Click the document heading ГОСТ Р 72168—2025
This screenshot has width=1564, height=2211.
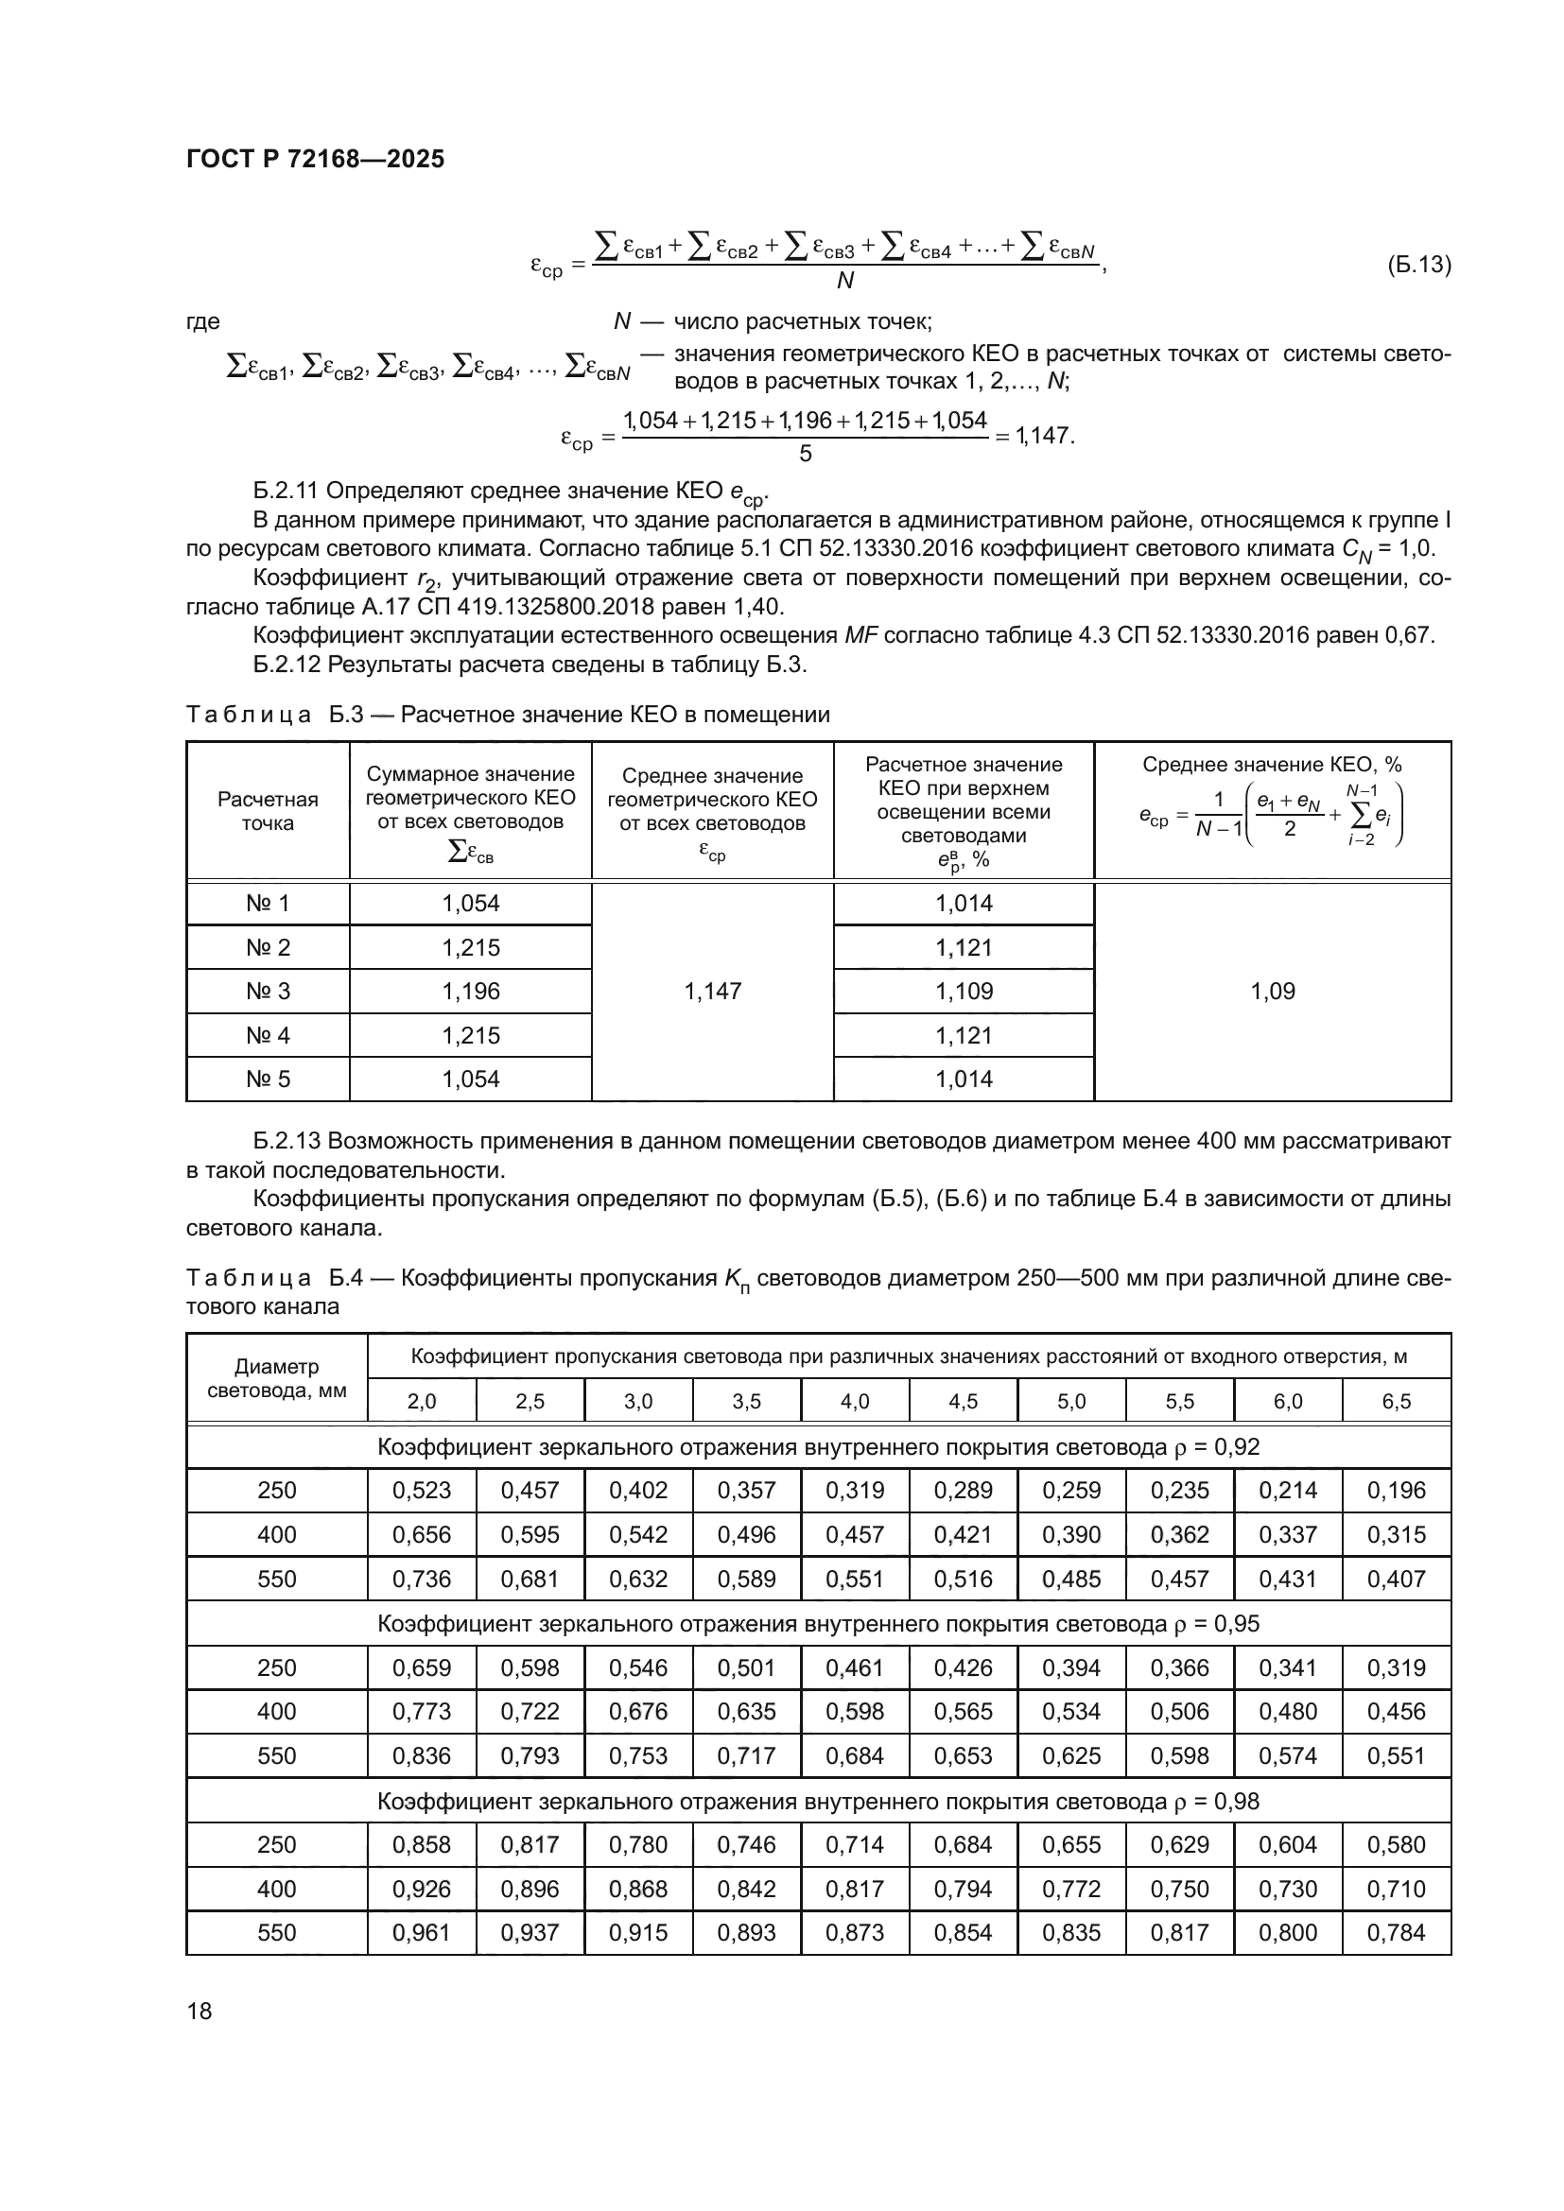(x=315, y=159)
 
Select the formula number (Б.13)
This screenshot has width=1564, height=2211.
(x=1417, y=265)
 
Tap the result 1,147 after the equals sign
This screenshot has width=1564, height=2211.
(x=1045, y=436)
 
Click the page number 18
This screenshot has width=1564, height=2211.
(x=200, y=2011)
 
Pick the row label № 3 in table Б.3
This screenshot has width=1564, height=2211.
(x=268, y=991)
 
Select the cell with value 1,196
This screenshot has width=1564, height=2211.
(x=470, y=991)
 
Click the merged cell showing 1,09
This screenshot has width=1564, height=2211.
(x=1272, y=991)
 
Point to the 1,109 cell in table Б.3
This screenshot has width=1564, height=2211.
(x=963, y=991)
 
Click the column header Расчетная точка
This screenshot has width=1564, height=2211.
(x=268, y=811)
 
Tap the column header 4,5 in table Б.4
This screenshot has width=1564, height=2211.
(x=963, y=1401)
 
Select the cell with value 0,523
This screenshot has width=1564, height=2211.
(x=421, y=1491)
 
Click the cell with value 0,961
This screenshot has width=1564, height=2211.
(x=421, y=1932)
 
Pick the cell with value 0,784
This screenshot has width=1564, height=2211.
(x=1396, y=1932)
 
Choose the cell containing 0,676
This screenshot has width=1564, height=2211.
(x=637, y=1711)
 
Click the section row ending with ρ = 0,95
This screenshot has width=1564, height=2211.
(x=818, y=1624)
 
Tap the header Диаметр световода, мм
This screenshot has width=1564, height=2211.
(x=276, y=1378)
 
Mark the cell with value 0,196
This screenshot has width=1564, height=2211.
(x=1396, y=1491)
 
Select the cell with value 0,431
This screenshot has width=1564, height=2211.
(x=1288, y=1580)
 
